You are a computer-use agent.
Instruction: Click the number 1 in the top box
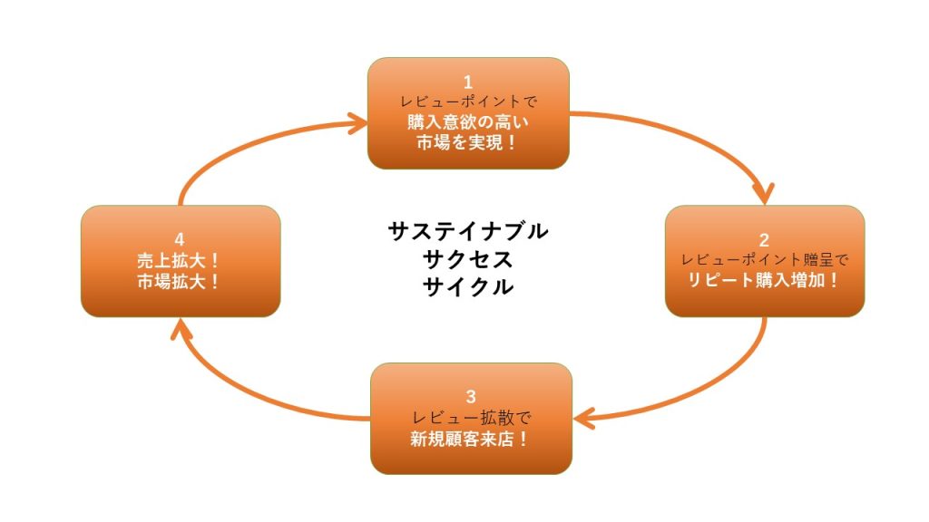(x=468, y=81)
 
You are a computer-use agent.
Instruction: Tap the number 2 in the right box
(x=764, y=240)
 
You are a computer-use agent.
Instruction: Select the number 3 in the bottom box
(x=470, y=396)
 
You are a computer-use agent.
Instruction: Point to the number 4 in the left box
(x=180, y=239)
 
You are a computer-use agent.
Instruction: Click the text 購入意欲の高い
(x=468, y=121)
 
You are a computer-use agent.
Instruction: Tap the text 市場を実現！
(x=468, y=142)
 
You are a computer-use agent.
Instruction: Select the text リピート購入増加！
(x=765, y=280)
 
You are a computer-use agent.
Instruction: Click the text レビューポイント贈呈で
(x=765, y=260)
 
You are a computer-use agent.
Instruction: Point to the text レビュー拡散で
(x=470, y=419)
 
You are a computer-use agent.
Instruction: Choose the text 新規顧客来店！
(x=470, y=440)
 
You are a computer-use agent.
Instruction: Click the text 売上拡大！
(x=180, y=260)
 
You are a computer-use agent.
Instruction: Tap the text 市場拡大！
(x=180, y=281)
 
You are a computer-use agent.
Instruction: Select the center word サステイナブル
(x=467, y=231)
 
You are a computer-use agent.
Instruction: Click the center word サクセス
(x=467, y=259)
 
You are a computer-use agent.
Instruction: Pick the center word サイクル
(x=467, y=287)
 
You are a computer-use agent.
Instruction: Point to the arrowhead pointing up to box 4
(x=181, y=327)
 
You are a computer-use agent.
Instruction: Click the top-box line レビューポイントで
(x=468, y=101)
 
